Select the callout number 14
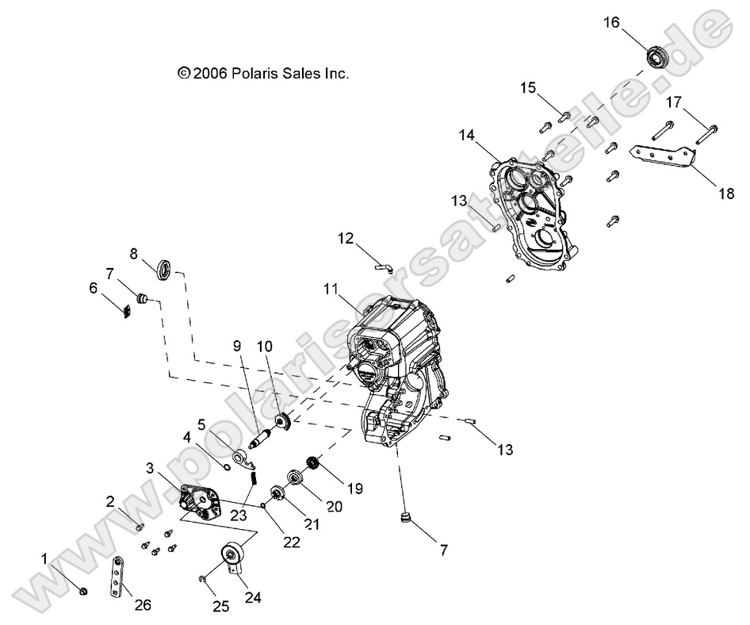tap(467, 136)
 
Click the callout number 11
tap(331, 289)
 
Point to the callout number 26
tap(142, 605)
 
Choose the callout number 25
tap(220, 607)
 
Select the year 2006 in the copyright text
tap(210, 73)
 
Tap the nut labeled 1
tap(83, 589)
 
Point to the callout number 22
tap(292, 542)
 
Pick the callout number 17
tap(673, 102)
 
